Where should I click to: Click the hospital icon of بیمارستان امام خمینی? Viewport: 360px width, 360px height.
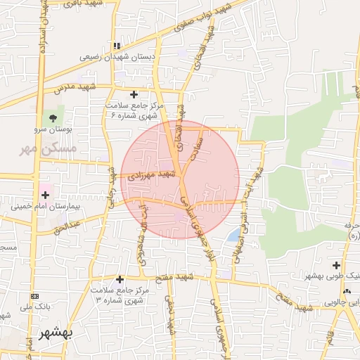click(x=46, y=193)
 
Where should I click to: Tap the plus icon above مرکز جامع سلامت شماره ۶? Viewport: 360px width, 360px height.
click(x=134, y=94)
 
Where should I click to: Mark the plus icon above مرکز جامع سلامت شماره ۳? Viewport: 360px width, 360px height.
click(x=120, y=279)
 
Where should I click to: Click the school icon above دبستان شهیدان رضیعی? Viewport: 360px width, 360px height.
click(x=117, y=46)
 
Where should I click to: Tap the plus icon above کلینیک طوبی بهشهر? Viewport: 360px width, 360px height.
click(x=336, y=266)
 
